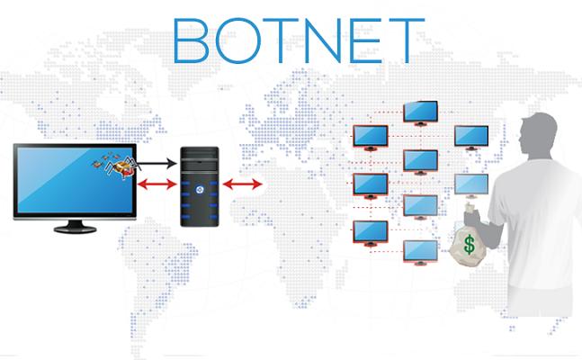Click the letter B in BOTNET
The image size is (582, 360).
tap(191, 40)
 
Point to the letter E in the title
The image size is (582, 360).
tap(365, 40)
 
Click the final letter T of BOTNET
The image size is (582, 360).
tap(407, 40)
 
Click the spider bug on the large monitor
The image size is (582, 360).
tap(120, 166)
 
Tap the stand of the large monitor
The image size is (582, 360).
tap(75, 227)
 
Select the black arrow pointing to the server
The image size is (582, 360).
tap(157, 163)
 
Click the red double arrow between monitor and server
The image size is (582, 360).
tap(157, 184)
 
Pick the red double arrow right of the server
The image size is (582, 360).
tap(243, 184)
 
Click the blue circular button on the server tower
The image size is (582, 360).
tap(200, 190)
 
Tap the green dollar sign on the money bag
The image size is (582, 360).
tap(470, 245)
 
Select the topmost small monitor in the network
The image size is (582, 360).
tap(421, 112)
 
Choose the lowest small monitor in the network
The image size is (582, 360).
tap(421, 252)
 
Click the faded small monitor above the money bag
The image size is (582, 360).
tap(471, 185)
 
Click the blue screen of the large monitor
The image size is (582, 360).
tap(75, 180)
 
